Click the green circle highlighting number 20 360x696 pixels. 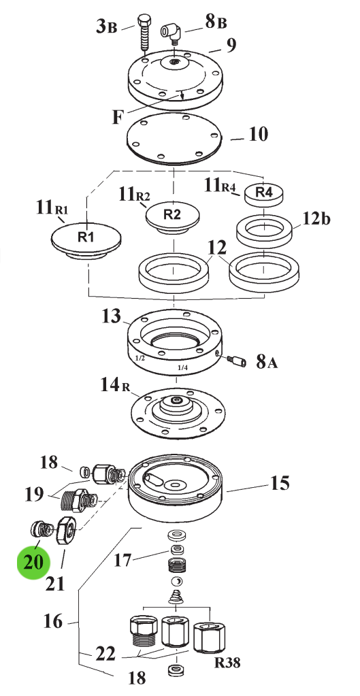click(x=33, y=561)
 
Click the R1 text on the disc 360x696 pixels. click(x=86, y=237)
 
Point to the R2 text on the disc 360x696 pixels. click(x=172, y=214)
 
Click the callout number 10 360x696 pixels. click(x=259, y=133)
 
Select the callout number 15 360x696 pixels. click(x=280, y=482)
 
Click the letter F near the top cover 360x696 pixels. click(x=117, y=117)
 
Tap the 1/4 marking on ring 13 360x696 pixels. click(x=182, y=367)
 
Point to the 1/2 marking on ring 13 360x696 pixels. click(x=140, y=357)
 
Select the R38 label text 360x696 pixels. click(x=227, y=663)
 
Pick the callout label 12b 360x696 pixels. click(x=316, y=219)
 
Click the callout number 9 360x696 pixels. click(x=231, y=46)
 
